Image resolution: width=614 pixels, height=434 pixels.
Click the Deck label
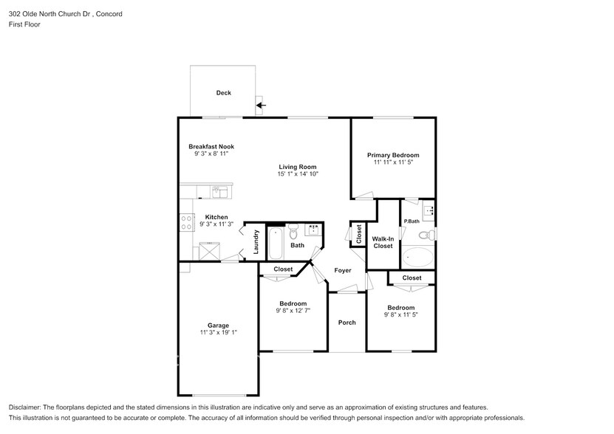[223, 93]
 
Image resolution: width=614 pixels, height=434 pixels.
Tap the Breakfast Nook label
[211, 147]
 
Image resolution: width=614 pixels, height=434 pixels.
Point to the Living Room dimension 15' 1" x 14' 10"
[298, 174]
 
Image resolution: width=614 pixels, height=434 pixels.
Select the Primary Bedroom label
[393, 155]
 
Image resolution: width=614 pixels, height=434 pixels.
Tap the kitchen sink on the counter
[219, 192]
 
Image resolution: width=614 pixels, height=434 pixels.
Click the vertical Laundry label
[256, 241]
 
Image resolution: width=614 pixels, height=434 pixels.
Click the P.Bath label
[412, 221]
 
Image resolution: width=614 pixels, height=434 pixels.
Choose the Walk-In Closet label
[383, 242]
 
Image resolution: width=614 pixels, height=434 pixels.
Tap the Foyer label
[342, 270]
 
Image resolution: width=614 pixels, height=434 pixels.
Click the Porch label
[347, 323]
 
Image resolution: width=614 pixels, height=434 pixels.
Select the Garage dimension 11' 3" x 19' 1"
[218, 333]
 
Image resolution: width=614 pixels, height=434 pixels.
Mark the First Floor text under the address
[24, 24]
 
